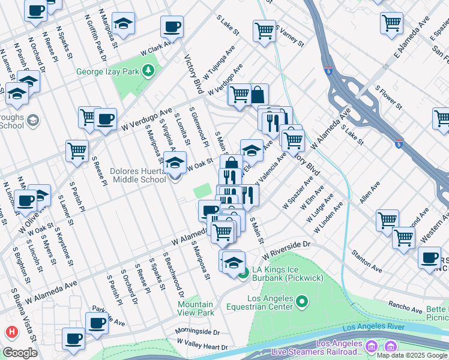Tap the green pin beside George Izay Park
tap(148, 72)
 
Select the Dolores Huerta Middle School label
tap(138, 175)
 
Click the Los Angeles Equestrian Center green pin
tap(303, 301)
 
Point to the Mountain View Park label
tap(196, 308)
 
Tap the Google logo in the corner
tap(19, 353)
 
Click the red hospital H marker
tap(11, 332)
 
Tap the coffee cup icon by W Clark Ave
tap(172, 27)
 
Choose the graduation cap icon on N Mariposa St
tap(123, 24)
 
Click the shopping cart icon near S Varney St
tap(264, 30)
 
